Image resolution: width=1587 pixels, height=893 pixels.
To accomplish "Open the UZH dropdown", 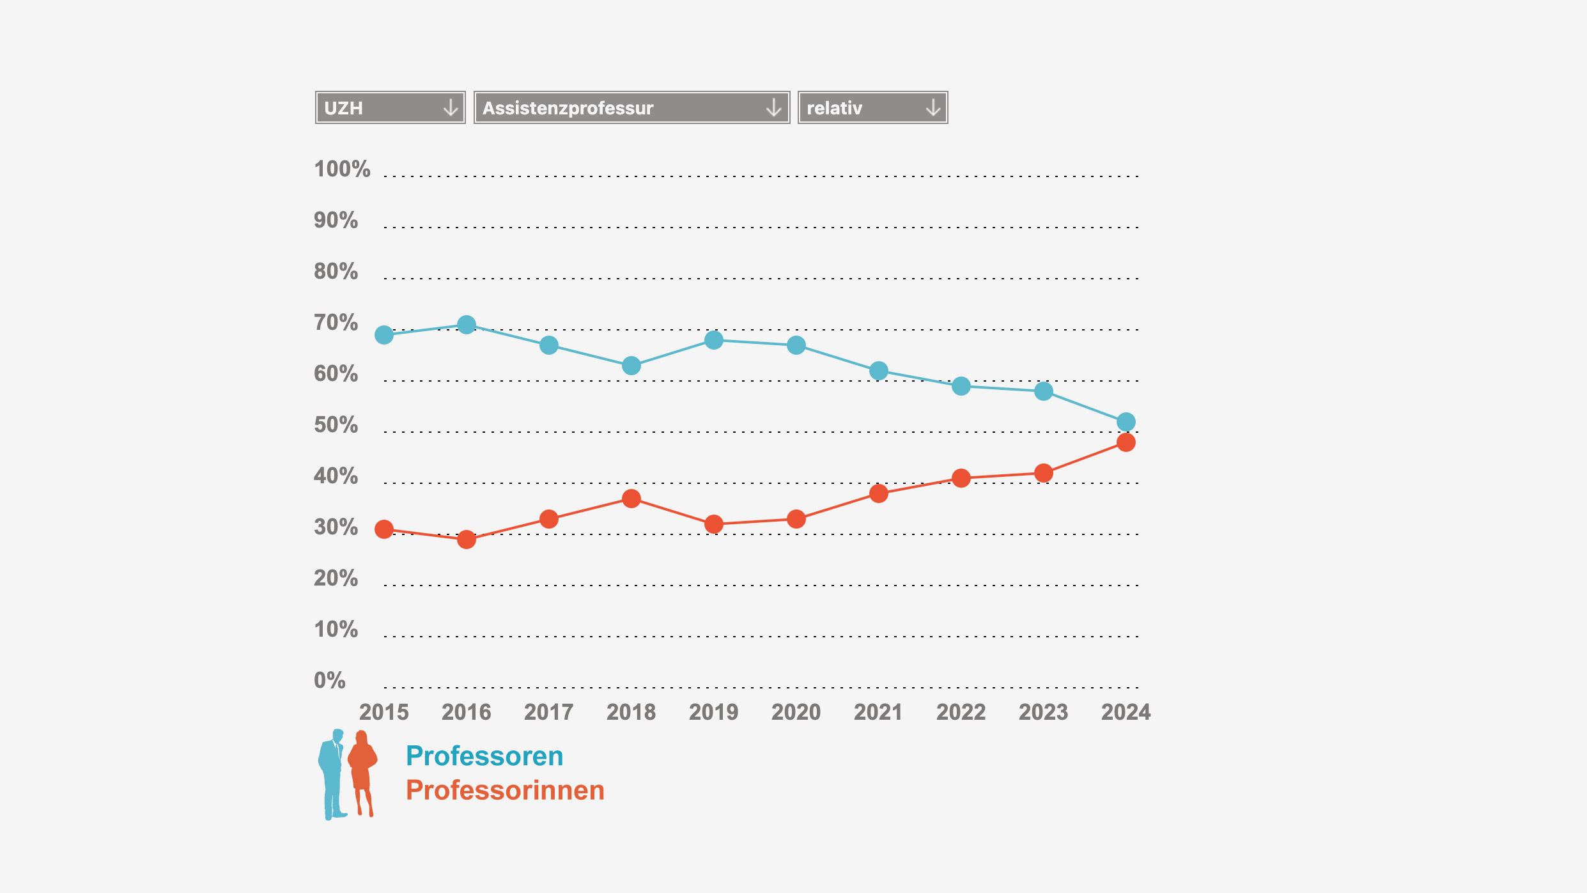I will click(x=390, y=107).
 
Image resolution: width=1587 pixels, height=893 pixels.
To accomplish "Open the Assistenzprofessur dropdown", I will click(x=631, y=107).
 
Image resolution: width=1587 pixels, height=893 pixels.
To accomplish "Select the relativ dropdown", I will click(x=872, y=107).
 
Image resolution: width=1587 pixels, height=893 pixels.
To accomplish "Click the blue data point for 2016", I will click(x=467, y=325).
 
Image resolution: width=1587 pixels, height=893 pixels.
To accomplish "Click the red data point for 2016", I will click(x=467, y=540).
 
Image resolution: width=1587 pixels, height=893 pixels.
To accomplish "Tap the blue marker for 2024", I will click(x=1126, y=422).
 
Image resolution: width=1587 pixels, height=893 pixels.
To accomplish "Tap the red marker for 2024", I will click(x=1126, y=442).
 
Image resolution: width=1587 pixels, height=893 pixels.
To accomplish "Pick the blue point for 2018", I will click(x=631, y=366).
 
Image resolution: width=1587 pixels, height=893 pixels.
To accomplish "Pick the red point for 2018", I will click(x=631, y=499).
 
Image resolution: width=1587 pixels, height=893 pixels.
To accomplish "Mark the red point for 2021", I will click(x=879, y=493).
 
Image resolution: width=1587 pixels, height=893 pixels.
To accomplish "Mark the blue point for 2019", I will click(x=714, y=340).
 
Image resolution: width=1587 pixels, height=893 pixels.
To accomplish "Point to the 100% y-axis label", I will click(x=342, y=169).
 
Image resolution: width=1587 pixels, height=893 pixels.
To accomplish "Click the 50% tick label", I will click(x=336, y=425).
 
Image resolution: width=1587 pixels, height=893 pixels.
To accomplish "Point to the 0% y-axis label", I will click(x=329, y=680).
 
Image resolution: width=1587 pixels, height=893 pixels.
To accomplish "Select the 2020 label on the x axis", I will click(x=796, y=712).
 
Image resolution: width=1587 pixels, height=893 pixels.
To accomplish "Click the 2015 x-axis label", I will click(x=384, y=712).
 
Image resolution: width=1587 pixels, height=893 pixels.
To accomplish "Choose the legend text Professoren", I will click(x=484, y=756).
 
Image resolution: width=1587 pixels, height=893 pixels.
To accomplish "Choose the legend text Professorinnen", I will click(x=505, y=790).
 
